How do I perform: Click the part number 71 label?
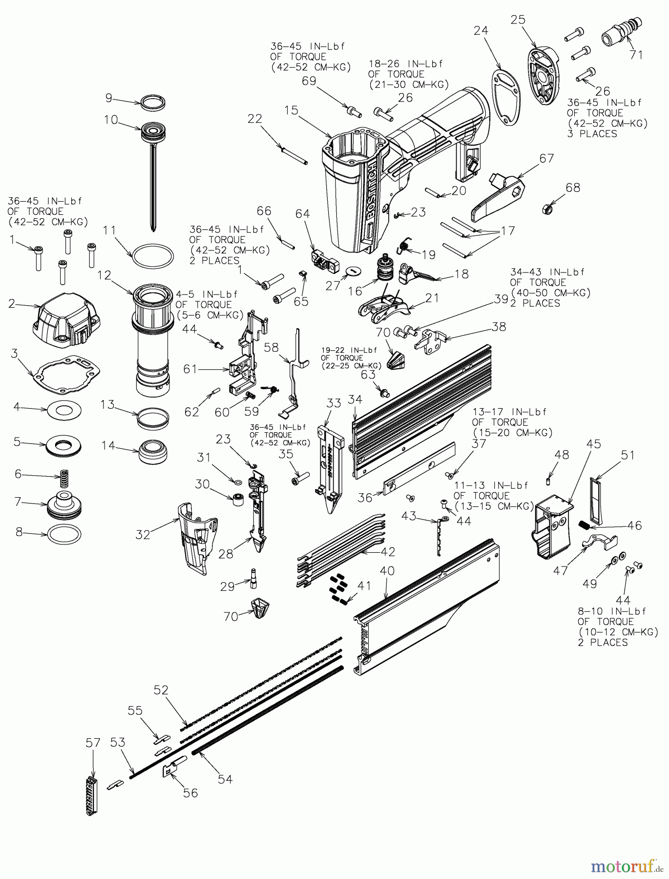635,55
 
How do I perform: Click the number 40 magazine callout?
387,570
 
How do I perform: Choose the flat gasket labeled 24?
505,98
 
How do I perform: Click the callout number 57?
93,743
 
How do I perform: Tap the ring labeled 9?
152,103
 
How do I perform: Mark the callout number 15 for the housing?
291,111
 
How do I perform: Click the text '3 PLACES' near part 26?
592,134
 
